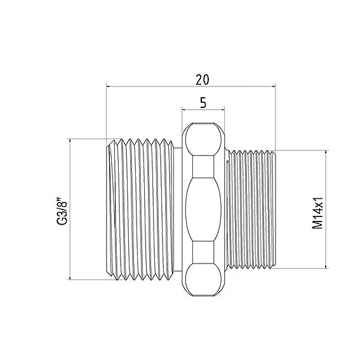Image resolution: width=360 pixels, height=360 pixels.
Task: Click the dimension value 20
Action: [203, 79]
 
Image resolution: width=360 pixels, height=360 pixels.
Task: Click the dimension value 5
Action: [203, 103]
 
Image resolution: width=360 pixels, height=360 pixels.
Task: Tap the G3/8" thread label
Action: [62, 210]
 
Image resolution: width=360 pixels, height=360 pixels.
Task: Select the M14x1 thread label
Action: [317, 213]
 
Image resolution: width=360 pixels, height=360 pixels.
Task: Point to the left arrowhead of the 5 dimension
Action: [184, 110]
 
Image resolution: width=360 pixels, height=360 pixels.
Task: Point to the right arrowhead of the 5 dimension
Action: [222, 110]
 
